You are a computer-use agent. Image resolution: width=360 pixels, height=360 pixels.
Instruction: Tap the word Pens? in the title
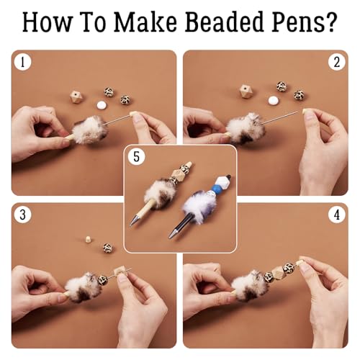pyautogui.click(x=302, y=22)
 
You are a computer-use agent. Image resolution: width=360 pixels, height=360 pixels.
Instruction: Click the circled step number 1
pyautogui.click(x=24, y=63)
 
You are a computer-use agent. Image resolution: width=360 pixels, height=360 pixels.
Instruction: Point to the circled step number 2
pyautogui.click(x=336, y=63)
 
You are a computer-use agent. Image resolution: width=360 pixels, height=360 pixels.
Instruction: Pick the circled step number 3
pyautogui.click(x=24, y=215)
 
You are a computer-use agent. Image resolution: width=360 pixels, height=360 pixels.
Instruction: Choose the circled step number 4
pyautogui.click(x=336, y=215)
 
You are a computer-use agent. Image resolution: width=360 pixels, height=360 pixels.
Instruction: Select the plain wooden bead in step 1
pyautogui.click(x=76, y=96)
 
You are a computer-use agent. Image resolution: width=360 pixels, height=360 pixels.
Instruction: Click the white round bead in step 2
pyautogui.click(x=273, y=100)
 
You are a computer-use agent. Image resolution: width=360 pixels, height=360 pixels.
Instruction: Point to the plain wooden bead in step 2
pyautogui.click(x=246, y=91)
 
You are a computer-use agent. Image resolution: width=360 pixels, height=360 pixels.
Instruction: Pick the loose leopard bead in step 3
pyautogui.click(x=107, y=248)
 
